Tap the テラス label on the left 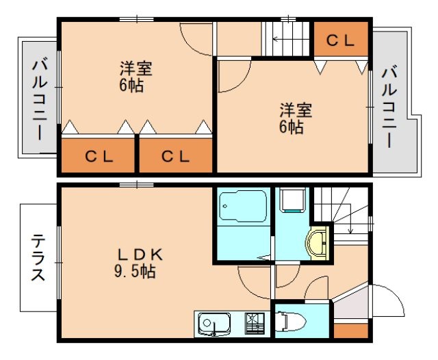tap(38, 258)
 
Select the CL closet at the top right tap(340, 40)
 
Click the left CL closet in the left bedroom tap(99, 156)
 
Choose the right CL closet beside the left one tap(176, 156)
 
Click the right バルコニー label tap(389, 106)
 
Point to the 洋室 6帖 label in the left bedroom tap(136, 77)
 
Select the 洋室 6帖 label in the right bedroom tap(295, 118)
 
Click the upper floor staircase tap(287, 40)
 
